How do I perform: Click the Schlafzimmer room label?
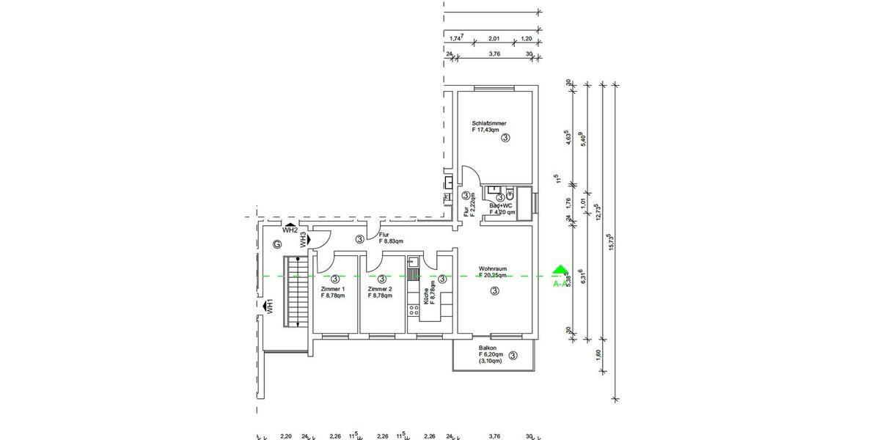point(489,123)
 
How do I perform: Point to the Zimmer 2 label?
point(380,289)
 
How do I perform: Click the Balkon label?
point(488,348)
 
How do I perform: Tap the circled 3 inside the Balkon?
point(513,356)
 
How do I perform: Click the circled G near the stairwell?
point(276,244)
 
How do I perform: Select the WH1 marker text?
point(270,307)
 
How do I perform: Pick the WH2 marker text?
point(290,230)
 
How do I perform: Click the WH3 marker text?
point(302,239)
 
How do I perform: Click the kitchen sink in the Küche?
point(412,260)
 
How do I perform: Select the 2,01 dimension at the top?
point(494,39)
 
